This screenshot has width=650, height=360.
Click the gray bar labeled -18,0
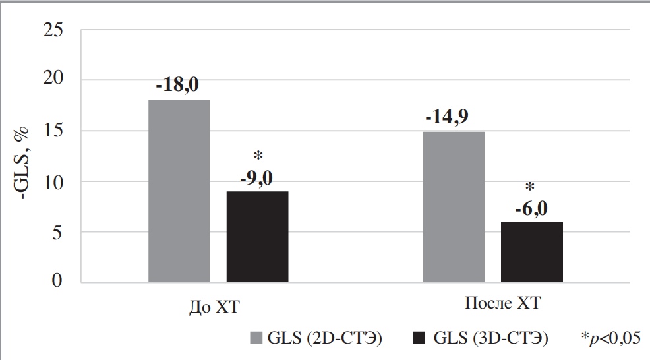coord(179,191)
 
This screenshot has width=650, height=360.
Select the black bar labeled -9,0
coord(257,237)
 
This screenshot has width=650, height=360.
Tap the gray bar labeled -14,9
coord(453,207)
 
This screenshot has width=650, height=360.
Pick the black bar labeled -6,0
coord(531,252)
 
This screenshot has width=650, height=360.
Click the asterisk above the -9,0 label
coord(258,157)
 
